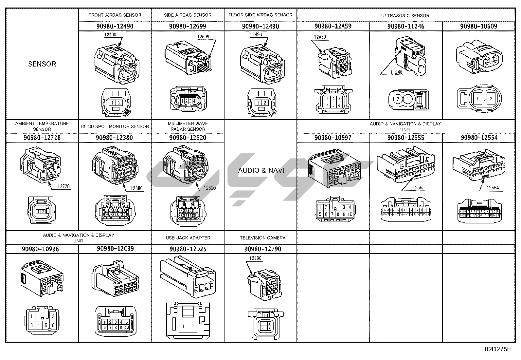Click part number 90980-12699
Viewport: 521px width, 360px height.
coord(188,26)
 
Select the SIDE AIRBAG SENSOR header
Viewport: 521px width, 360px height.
coord(188,15)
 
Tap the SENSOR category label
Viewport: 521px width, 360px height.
coord(42,64)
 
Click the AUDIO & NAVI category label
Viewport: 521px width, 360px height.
coord(261,170)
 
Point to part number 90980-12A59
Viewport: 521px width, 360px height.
coord(333,26)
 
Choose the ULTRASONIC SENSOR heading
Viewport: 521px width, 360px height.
coord(405,15)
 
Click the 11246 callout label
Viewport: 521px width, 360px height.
coord(396,72)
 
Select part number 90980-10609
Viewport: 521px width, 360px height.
coord(478,26)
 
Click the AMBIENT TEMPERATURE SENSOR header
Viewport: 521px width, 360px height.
coord(42,126)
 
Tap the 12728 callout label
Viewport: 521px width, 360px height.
coord(64,186)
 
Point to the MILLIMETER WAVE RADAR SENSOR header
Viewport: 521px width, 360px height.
coord(188,126)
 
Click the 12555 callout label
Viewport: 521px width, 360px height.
coord(419,188)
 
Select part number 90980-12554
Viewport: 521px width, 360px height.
coord(479,138)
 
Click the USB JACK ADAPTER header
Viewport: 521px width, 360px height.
coord(188,238)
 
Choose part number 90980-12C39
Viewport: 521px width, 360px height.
coord(115,249)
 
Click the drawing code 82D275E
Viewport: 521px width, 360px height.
coord(498,349)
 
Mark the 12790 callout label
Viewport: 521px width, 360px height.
coord(256,258)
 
